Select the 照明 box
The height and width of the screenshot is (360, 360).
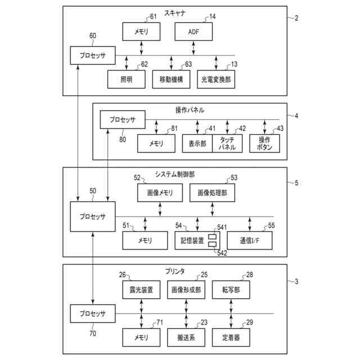(x=126, y=80)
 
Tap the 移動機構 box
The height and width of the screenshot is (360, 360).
(x=171, y=80)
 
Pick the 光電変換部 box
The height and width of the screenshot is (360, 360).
(x=216, y=80)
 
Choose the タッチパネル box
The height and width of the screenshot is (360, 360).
(x=227, y=143)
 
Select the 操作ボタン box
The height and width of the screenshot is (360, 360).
(x=264, y=143)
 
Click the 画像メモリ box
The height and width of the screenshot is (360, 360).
(x=160, y=193)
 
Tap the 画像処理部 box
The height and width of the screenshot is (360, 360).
(x=212, y=193)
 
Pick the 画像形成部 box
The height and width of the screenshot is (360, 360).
(x=187, y=290)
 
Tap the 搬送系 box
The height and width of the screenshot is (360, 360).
(x=187, y=337)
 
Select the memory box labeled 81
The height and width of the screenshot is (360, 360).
(x=156, y=143)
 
